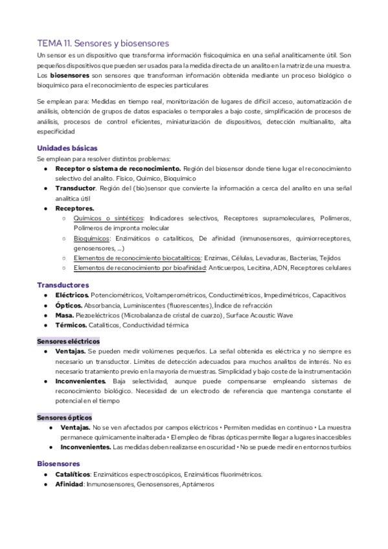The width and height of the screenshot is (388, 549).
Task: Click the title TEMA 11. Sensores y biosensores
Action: pyautogui.click(x=103, y=43)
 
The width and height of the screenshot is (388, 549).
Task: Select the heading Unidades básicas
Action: pyautogui.click(x=67, y=148)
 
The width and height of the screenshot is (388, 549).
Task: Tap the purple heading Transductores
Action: pyautogui.click(x=63, y=285)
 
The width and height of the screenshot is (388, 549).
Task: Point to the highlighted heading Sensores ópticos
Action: pyautogui.click(x=64, y=418)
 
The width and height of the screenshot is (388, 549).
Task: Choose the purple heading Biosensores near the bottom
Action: pyautogui.click(x=59, y=464)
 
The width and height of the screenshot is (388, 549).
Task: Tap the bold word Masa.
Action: pyautogui.click(x=65, y=315)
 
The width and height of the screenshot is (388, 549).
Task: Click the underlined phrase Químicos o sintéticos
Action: pyautogui.click(x=110, y=218)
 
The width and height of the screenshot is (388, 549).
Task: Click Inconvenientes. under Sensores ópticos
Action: pyautogui.click(x=86, y=447)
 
